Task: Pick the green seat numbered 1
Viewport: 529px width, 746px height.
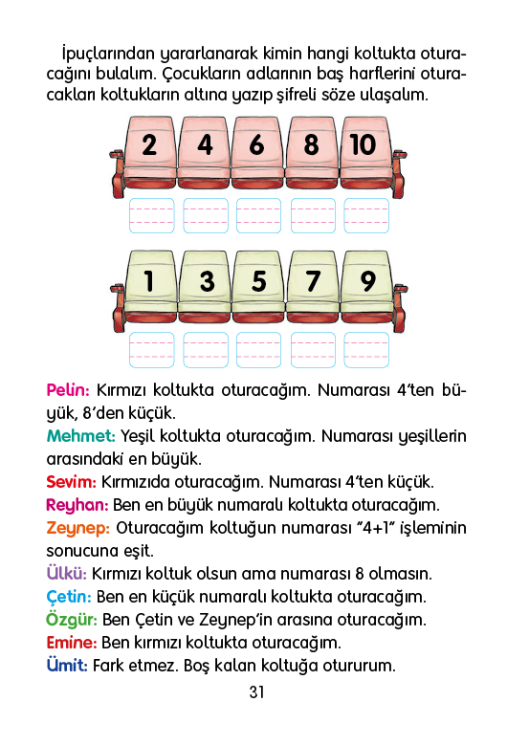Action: click(x=150, y=289)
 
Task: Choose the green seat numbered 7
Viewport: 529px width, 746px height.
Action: click(x=312, y=289)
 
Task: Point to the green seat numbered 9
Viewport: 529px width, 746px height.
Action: click(x=366, y=289)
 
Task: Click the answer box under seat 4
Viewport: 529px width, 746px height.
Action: click(x=206, y=216)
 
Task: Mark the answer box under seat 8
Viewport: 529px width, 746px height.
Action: click(x=313, y=216)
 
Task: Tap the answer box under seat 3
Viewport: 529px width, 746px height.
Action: click(x=206, y=350)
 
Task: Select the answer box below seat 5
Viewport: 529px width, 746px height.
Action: click(x=259, y=350)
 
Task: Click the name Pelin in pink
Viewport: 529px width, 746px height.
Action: click(x=68, y=390)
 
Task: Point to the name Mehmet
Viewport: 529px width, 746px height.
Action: click(x=81, y=436)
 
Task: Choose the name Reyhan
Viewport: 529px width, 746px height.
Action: click(x=77, y=505)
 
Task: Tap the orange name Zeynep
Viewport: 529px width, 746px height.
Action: click(x=78, y=529)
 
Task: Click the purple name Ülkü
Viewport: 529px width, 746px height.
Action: click(x=67, y=573)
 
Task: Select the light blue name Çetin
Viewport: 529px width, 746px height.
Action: click(x=69, y=597)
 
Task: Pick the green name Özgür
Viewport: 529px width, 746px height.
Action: click(x=72, y=620)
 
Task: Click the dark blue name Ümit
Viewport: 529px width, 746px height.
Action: click(x=67, y=665)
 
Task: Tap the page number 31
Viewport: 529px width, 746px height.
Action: click(x=257, y=692)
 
